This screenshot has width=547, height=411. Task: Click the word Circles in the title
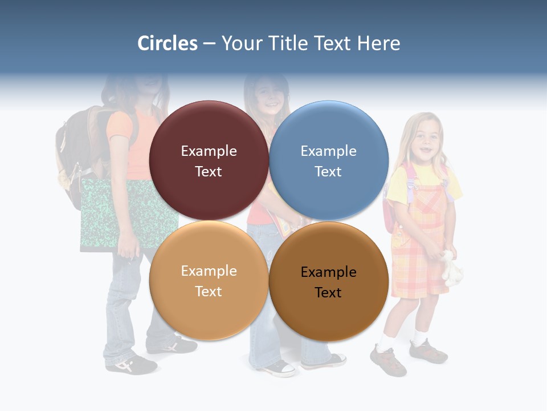point(168,43)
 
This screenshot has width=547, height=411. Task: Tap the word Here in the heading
point(378,43)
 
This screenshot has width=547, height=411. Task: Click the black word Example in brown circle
point(328,272)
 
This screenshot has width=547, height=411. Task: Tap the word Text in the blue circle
point(328,172)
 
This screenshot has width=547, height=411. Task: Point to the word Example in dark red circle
point(209,151)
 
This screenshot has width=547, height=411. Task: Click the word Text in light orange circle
point(209,292)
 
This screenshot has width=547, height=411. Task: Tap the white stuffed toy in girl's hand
point(452,268)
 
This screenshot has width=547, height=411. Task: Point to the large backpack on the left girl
point(77,148)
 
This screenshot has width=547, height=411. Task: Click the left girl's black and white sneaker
point(131,364)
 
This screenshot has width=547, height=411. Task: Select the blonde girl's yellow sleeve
point(397,186)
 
